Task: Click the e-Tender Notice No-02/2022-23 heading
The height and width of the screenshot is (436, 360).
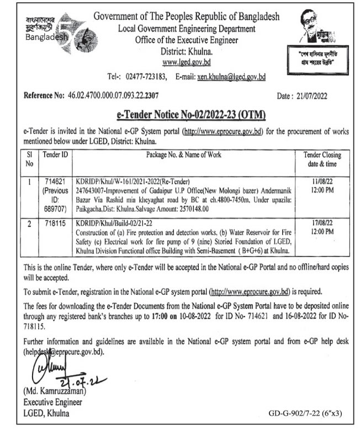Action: [180, 115]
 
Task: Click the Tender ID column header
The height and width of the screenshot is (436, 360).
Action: [55, 155]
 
